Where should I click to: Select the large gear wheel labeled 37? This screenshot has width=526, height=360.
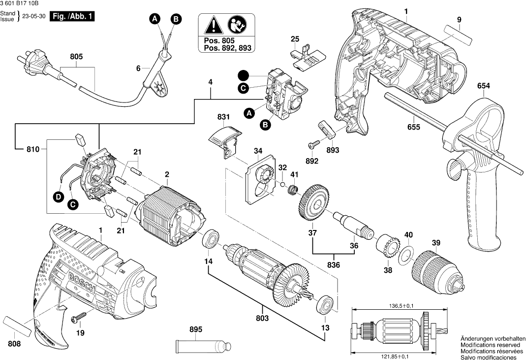(x=313, y=203)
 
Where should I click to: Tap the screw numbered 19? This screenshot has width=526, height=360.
(x=77, y=318)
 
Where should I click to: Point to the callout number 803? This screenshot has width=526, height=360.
(x=262, y=318)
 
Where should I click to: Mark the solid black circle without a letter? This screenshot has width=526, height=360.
(x=243, y=75)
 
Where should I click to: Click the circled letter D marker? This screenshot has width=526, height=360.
(x=59, y=197)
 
